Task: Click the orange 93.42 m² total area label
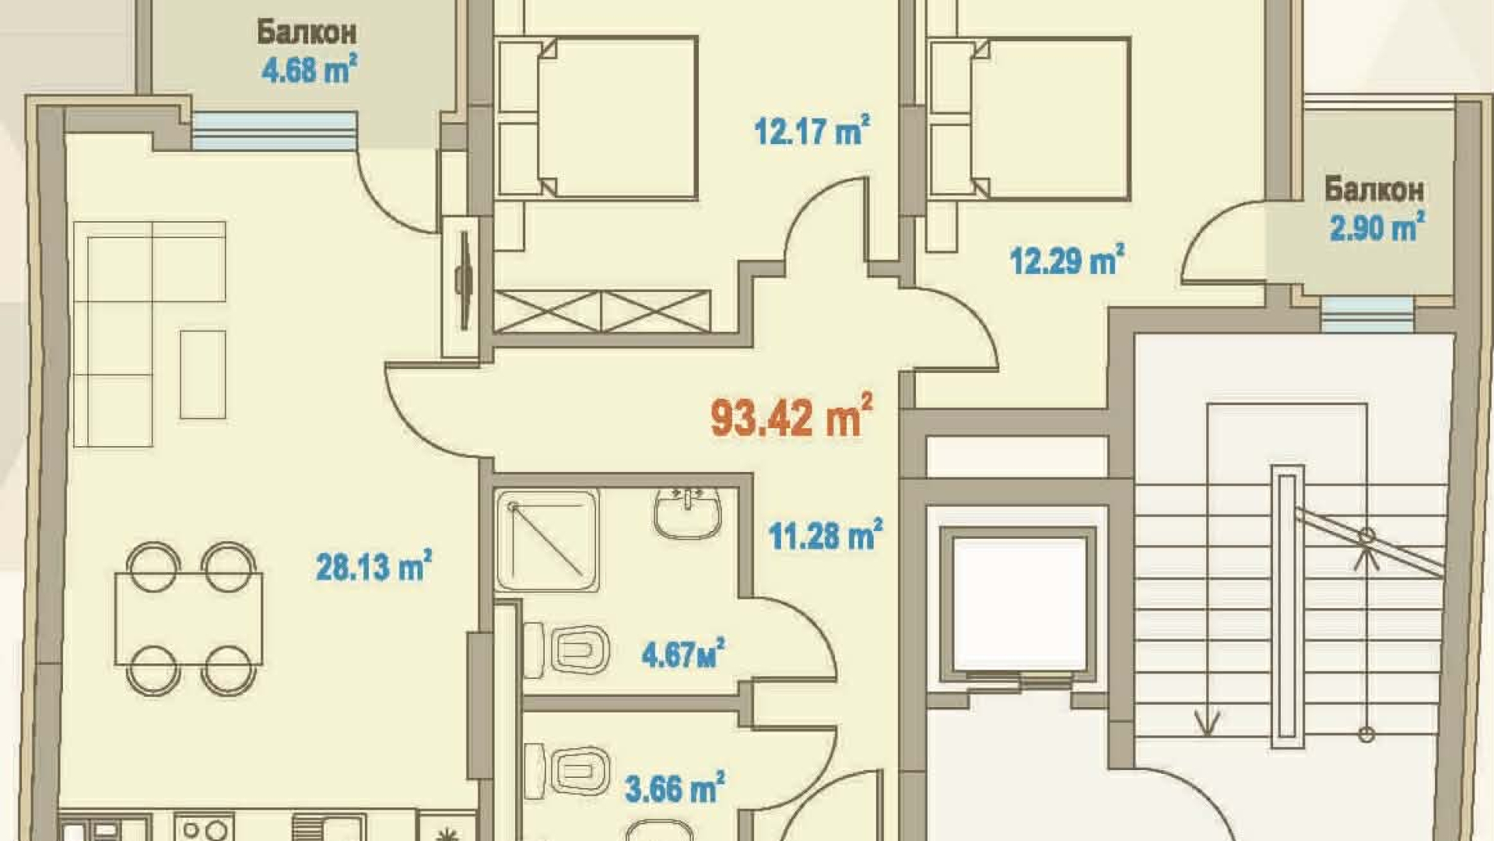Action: pyautogui.click(x=791, y=417)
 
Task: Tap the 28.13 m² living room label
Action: pyautogui.click(x=373, y=566)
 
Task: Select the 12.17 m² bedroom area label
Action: pyautogui.click(x=812, y=130)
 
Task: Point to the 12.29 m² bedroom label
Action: pyautogui.click(x=1067, y=260)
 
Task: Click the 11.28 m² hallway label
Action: pyautogui.click(x=826, y=535)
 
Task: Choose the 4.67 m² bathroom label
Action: pyautogui.click(x=683, y=653)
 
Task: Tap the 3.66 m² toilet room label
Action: pyautogui.click(x=675, y=788)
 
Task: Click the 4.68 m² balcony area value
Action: pyautogui.click(x=309, y=69)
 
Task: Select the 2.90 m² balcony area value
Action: pyautogui.click(x=1377, y=227)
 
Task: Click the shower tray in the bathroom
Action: pyautogui.click(x=547, y=540)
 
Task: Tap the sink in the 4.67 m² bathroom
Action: pyautogui.click(x=688, y=513)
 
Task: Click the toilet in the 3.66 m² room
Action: pyautogui.click(x=567, y=772)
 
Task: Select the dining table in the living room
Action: pyautogui.click(x=188, y=619)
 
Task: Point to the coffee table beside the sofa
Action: pyautogui.click(x=203, y=375)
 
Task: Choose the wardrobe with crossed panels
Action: pyautogui.click(x=601, y=311)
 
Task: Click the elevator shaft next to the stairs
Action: pyautogui.click(x=1018, y=604)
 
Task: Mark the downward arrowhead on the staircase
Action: pyautogui.click(x=1207, y=724)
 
